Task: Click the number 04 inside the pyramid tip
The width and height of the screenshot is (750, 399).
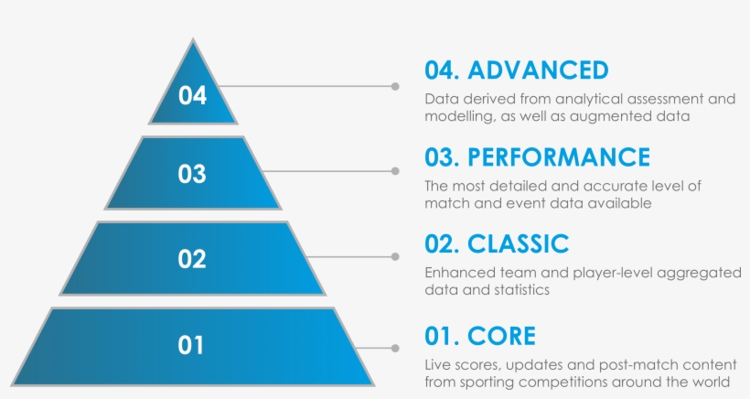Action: (x=192, y=95)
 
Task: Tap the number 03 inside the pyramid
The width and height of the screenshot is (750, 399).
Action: (x=192, y=174)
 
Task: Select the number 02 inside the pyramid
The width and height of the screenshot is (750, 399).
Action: (x=192, y=259)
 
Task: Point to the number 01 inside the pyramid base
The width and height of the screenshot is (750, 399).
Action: (x=190, y=345)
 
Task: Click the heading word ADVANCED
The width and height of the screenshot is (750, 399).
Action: (x=538, y=70)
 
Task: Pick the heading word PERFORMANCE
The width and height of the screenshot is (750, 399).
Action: (x=559, y=157)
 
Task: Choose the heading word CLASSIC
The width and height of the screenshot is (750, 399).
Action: (x=518, y=244)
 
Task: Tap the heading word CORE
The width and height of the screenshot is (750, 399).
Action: (x=501, y=336)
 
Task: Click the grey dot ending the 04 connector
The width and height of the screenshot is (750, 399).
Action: (x=395, y=86)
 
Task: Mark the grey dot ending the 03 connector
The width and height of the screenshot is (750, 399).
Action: (x=395, y=171)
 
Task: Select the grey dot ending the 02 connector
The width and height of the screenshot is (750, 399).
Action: (x=395, y=257)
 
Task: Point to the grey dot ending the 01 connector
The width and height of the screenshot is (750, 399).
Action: (x=395, y=349)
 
